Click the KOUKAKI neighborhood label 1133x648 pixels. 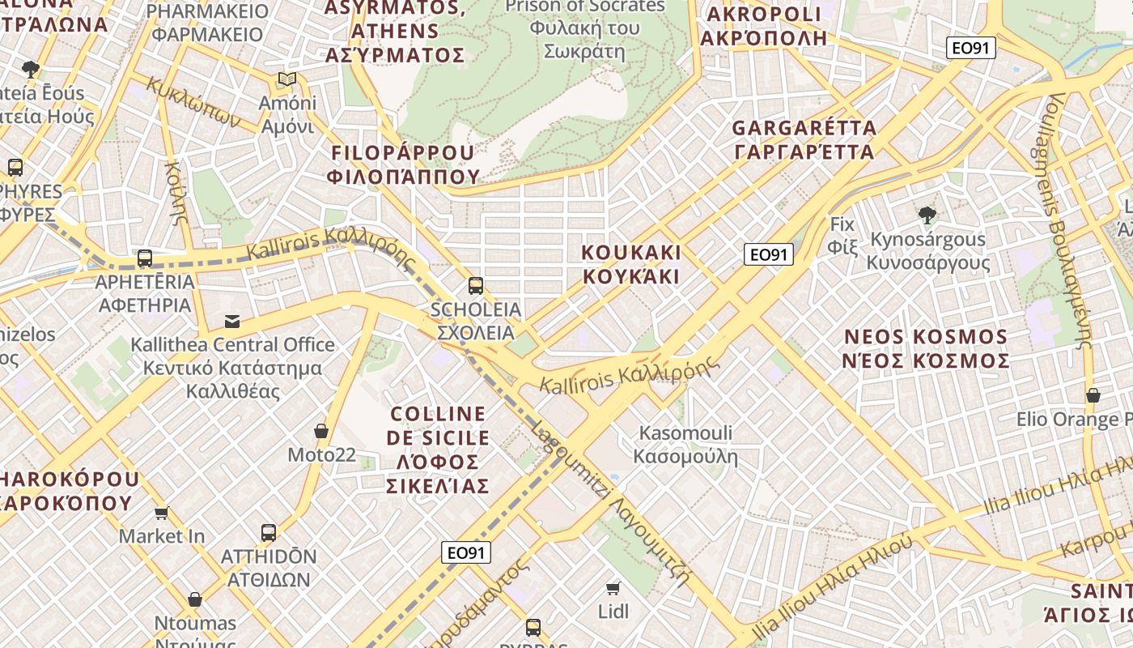(631, 264)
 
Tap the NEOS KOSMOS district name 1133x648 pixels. (926, 348)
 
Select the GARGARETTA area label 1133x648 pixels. (804, 139)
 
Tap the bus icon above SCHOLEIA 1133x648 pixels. (476, 285)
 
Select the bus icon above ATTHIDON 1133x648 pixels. (269, 533)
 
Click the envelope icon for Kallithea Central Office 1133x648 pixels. (232, 322)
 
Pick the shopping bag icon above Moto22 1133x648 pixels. (321, 431)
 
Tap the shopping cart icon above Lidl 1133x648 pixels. (613, 587)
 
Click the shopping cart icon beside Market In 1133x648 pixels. (162, 513)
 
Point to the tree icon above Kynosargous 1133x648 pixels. (927, 215)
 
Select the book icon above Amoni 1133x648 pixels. (286, 79)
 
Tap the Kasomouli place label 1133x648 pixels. (685, 444)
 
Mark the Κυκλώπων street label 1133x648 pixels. (193, 102)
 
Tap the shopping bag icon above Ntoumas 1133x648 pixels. (195, 599)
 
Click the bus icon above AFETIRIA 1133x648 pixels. (145, 258)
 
